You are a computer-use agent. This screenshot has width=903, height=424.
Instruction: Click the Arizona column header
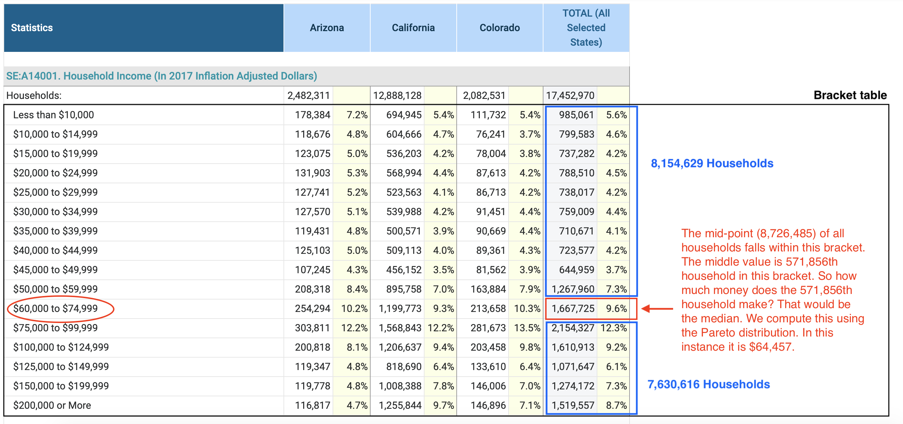pos(327,28)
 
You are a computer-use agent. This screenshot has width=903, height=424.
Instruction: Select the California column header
pos(413,28)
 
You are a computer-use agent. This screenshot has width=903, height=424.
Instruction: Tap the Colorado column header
pos(500,28)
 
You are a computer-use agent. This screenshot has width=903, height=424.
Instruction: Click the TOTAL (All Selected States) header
pos(586,28)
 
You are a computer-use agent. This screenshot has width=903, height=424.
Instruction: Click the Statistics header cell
pos(32,28)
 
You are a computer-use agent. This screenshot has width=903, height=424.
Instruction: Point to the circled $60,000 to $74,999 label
pos(55,308)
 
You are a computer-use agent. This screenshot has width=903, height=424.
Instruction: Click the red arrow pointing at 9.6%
pos(657,308)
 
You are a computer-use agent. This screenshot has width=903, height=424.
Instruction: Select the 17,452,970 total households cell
pos(570,95)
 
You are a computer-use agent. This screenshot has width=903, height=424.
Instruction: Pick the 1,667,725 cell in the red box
pos(573,308)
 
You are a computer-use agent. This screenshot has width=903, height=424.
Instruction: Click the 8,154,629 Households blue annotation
pos(711,164)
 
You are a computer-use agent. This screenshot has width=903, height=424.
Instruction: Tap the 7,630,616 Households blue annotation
pos(708,384)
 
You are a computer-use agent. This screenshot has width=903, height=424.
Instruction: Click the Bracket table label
pos(850,95)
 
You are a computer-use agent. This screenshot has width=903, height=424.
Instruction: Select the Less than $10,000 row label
pos(53,115)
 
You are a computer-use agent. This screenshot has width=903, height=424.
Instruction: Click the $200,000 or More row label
pos(52,405)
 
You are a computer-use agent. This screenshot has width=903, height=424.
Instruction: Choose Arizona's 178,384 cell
pos(312,115)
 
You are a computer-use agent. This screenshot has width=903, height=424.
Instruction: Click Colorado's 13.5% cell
pos(527,328)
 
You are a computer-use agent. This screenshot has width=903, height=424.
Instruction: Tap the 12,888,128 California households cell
pos(397,95)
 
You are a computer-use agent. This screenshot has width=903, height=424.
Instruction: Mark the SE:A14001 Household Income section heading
pos(161,76)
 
